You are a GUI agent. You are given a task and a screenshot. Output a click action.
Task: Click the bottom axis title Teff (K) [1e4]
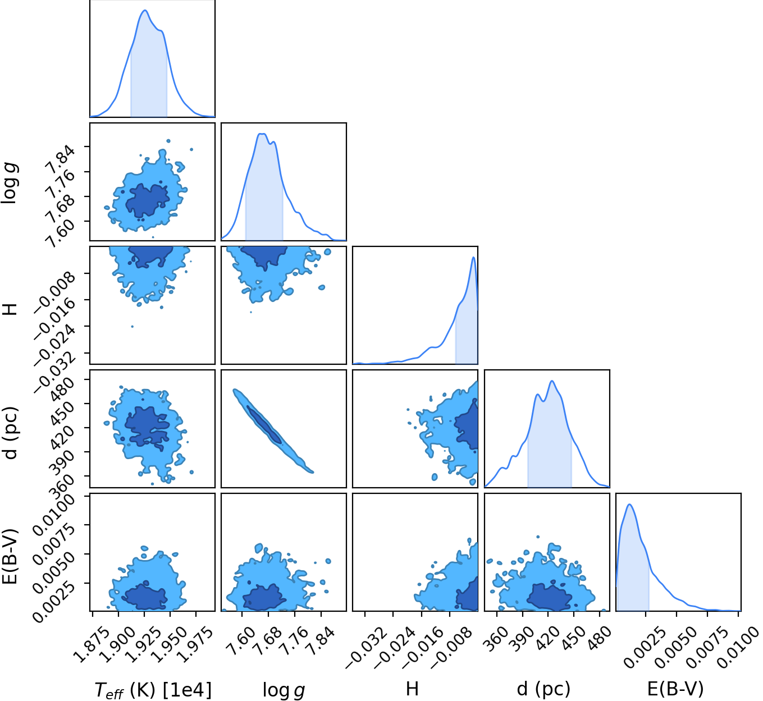click(x=153, y=690)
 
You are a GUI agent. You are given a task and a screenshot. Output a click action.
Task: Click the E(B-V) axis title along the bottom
click(x=675, y=689)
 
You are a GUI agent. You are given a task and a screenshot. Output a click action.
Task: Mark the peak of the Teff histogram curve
click(x=145, y=10)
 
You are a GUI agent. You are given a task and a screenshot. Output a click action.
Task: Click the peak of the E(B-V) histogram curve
click(x=630, y=505)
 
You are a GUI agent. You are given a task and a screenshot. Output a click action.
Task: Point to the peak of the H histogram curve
click(x=473, y=258)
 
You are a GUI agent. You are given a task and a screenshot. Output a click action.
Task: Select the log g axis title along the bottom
click(x=284, y=690)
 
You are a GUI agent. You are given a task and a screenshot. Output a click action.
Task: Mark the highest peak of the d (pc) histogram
click(x=551, y=381)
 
